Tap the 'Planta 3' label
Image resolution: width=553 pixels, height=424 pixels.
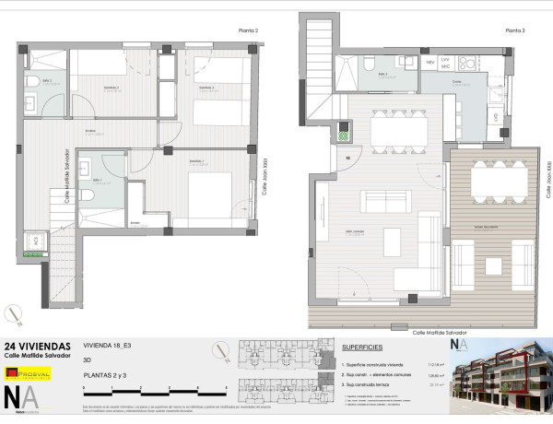point(514,30)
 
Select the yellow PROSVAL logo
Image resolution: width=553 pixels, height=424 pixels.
point(29,373)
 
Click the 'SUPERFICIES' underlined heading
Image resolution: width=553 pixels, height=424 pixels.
point(362,348)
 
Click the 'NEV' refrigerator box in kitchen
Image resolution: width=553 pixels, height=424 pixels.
point(429,62)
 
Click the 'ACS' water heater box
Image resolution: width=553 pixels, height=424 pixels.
point(37,241)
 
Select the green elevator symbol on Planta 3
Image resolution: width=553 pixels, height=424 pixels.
point(344,135)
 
